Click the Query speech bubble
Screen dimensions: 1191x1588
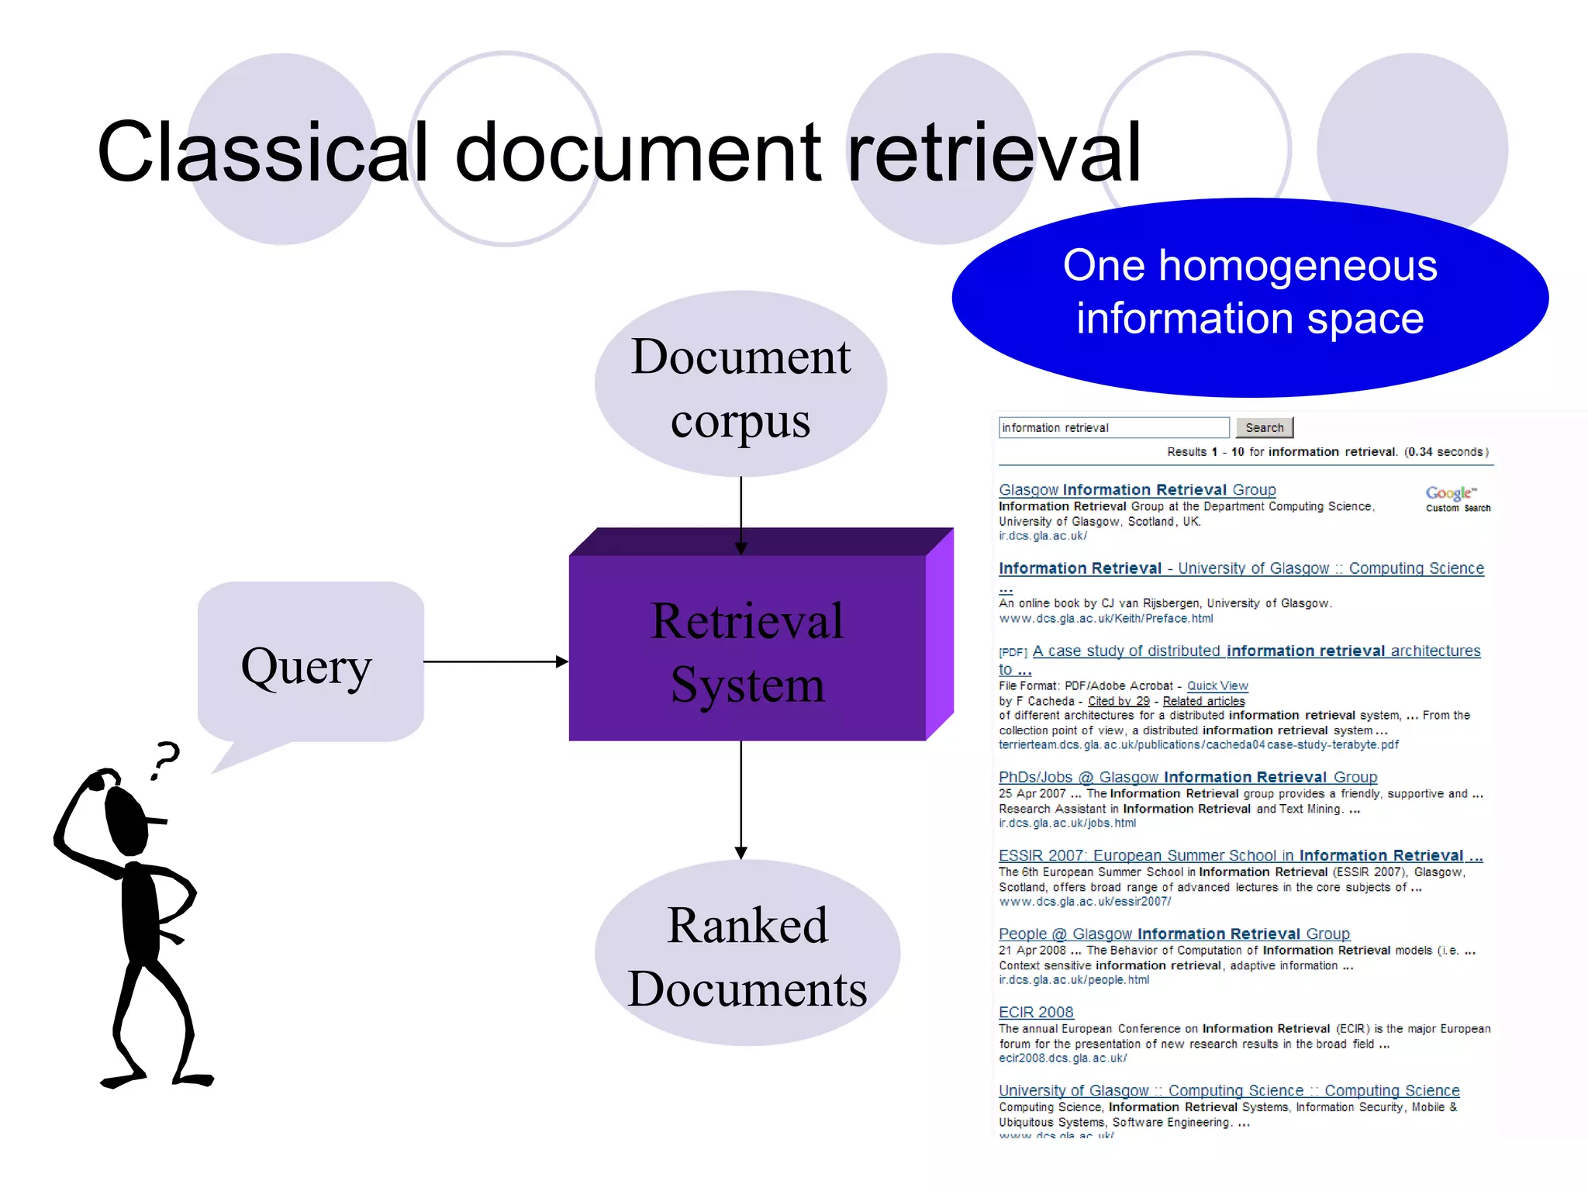pos(309,664)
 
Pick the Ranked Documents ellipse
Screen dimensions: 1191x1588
pos(747,954)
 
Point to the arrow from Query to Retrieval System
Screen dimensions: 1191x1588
pos(496,661)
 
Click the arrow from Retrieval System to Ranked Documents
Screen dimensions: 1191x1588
pos(741,799)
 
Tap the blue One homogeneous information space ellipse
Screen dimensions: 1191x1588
pos(1250,295)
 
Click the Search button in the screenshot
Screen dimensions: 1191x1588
pos(1264,427)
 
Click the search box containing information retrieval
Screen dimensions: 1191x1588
pos(1113,427)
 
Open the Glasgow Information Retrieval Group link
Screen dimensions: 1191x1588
pos(1137,489)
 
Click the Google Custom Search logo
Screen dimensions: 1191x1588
pos(1457,498)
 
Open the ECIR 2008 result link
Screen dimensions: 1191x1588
pos(1036,1012)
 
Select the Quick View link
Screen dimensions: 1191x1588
pos(1217,685)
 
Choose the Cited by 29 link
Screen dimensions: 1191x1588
pos(1118,701)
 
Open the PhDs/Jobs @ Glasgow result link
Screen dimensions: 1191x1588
pos(1187,777)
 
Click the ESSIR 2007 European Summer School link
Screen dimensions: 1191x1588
pos(1240,855)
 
